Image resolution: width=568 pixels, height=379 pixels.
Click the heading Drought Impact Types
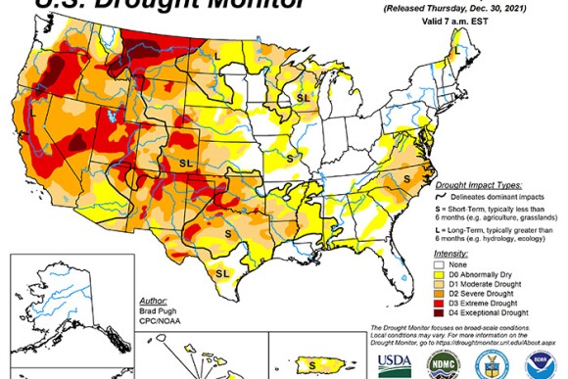coord(473,183)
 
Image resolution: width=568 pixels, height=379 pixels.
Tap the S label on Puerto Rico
coord(312,364)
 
